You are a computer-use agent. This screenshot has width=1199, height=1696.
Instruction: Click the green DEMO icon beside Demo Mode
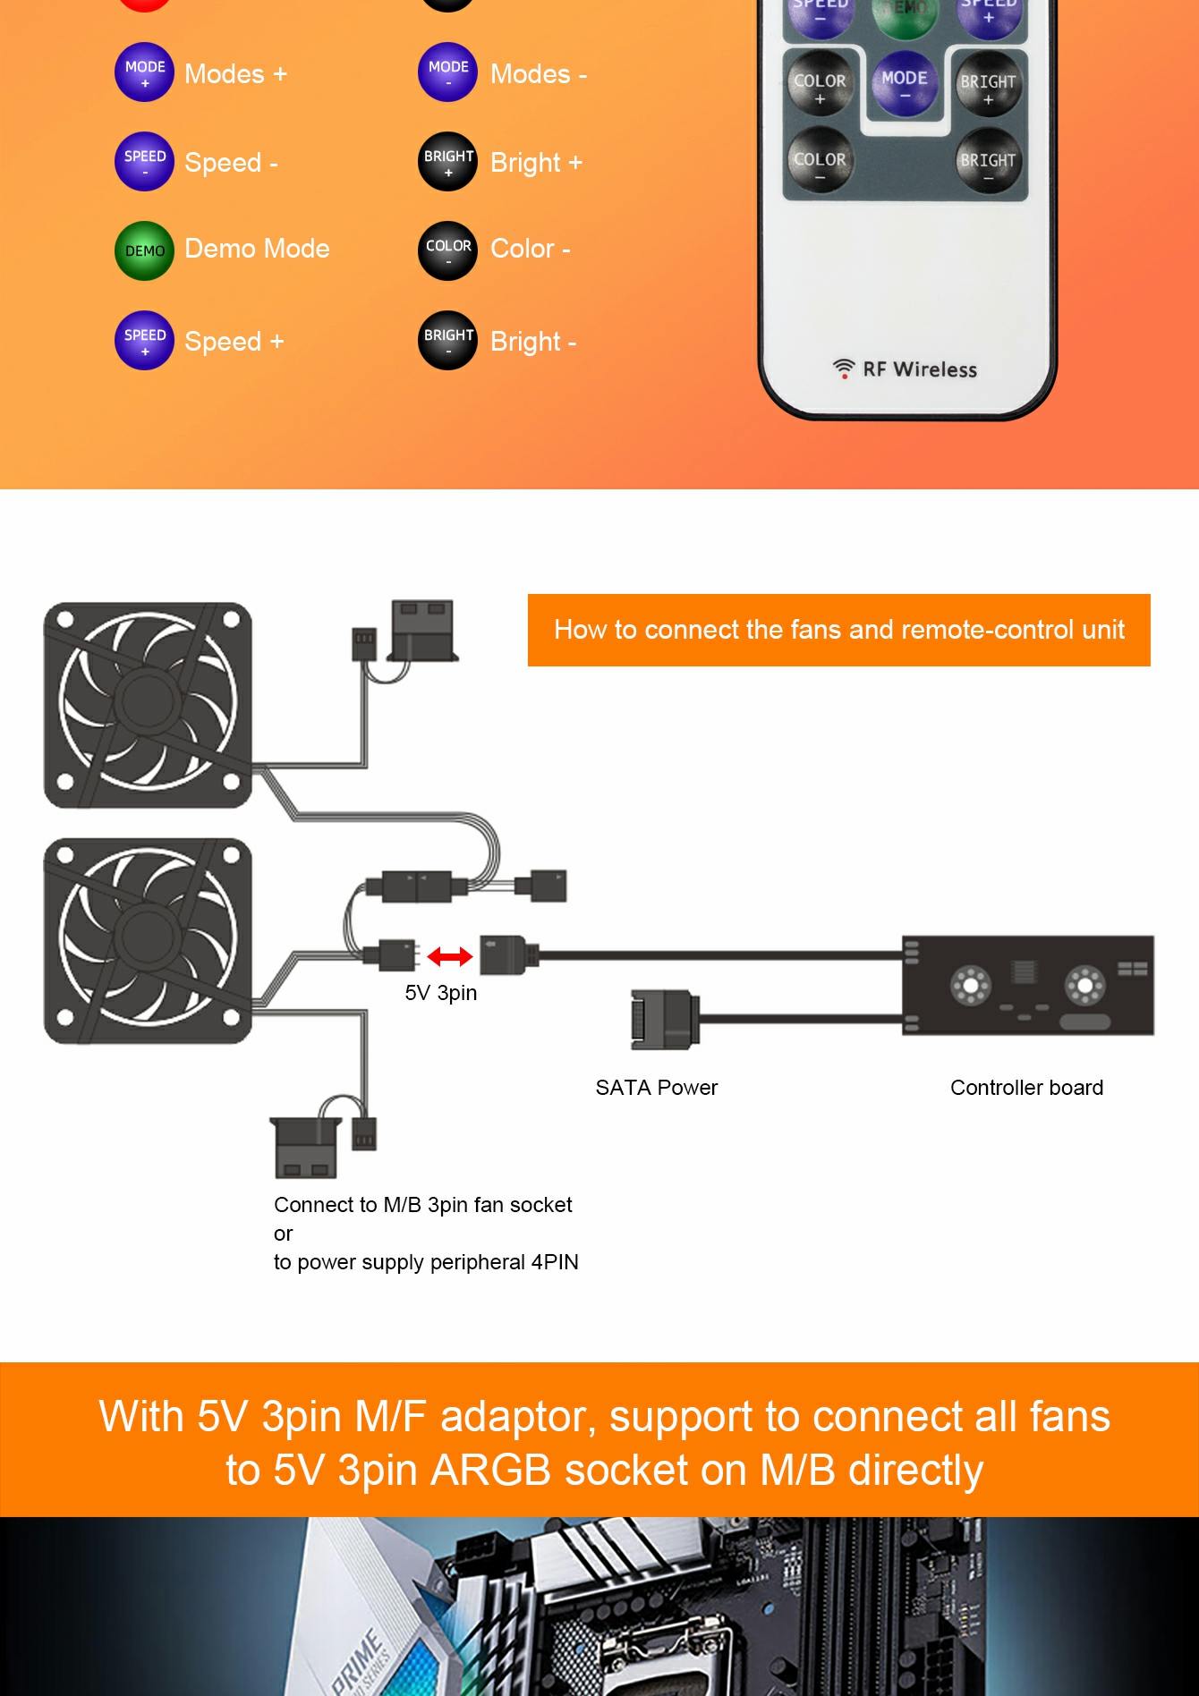point(144,250)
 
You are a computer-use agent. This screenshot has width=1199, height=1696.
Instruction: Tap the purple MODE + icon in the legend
point(144,72)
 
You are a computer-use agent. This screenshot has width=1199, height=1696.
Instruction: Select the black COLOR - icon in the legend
point(447,250)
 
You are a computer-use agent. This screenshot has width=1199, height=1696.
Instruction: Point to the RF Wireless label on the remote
point(906,369)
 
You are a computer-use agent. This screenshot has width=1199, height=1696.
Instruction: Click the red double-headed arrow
point(449,957)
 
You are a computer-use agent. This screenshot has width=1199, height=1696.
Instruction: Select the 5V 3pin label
point(440,993)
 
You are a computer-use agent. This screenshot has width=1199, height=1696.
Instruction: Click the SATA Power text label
point(656,1088)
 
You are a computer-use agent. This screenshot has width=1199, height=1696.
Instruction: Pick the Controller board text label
point(1026,1088)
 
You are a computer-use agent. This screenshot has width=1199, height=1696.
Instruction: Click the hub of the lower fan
point(149,940)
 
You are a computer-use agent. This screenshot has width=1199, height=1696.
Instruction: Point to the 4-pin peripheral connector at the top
point(422,630)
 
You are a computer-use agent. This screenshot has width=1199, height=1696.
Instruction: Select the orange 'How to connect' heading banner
point(838,630)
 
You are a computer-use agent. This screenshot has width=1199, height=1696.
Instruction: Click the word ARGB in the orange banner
point(489,1470)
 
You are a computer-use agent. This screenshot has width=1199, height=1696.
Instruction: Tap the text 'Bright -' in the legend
point(533,342)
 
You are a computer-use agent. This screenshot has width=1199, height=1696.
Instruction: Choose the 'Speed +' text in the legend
point(234,342)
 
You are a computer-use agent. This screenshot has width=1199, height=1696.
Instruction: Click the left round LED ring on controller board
point(969,986)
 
